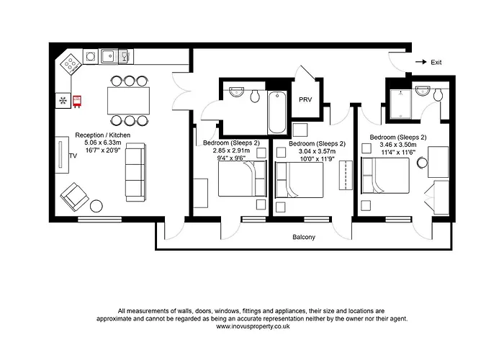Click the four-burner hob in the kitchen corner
pos(71,63)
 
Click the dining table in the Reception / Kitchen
pos(129,99)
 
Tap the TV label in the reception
pos(72,155)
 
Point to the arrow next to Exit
pos(420,63)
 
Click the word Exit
pos(436,63)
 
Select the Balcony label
pos(302,237)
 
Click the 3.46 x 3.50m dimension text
pos(397,144)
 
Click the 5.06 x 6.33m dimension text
pos(103,143)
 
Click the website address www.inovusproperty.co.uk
pos(252,325)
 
